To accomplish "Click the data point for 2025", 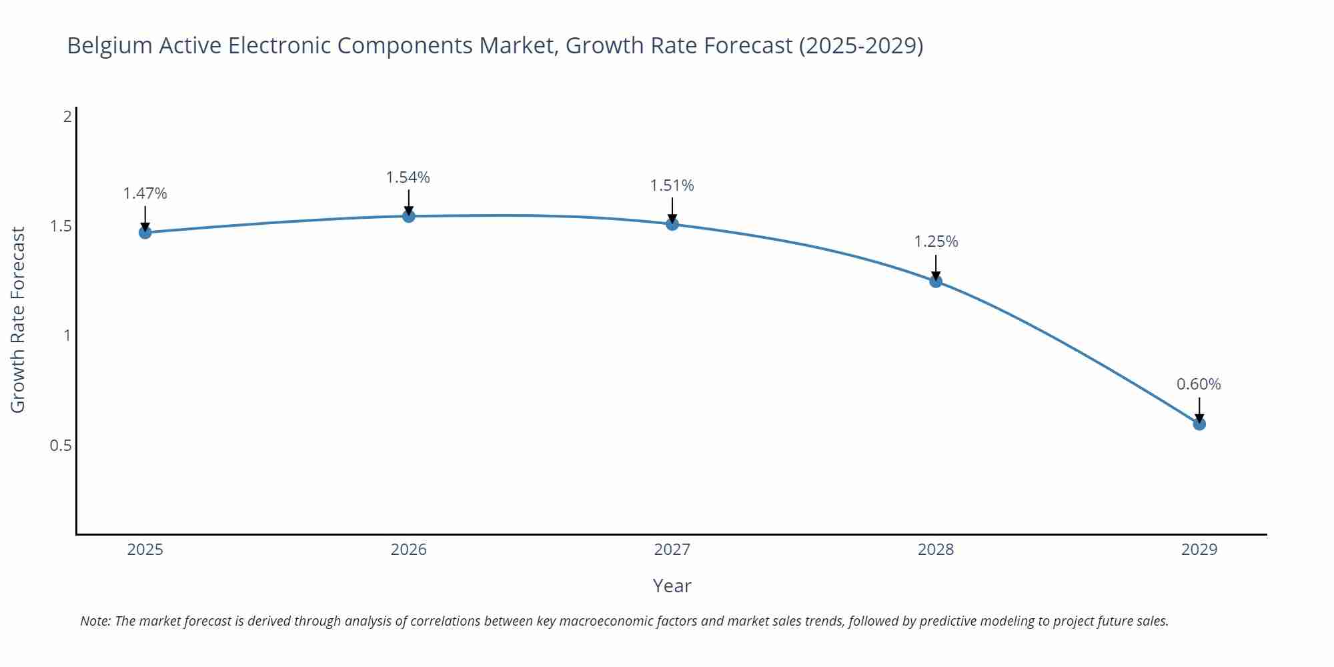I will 145,232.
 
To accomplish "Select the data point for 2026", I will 409,216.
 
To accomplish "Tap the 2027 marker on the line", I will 672,224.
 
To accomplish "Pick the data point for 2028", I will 936,281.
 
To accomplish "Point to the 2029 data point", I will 1199,424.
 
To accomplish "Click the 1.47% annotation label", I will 145,193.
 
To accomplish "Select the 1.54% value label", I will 408,177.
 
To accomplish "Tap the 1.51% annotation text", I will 672,185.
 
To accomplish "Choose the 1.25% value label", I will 936,241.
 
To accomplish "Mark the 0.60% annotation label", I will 1199,384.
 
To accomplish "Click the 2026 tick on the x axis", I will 409,550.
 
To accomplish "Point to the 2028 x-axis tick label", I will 936,550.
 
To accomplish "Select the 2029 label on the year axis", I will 1199,550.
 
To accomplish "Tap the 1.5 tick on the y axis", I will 61,226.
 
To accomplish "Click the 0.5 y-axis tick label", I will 61,445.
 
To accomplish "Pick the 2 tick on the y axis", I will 67,117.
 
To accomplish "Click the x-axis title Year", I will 672,586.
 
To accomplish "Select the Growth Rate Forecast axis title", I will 18,319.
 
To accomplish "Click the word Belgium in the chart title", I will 109,45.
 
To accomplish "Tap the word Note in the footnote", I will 95,621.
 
